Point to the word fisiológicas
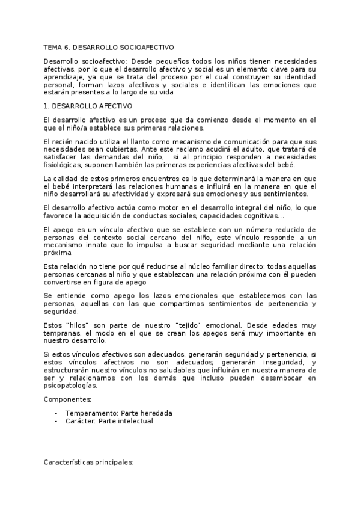coord(66,165)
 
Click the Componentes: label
coord(67,400)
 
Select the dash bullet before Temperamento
coord(55,413)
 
